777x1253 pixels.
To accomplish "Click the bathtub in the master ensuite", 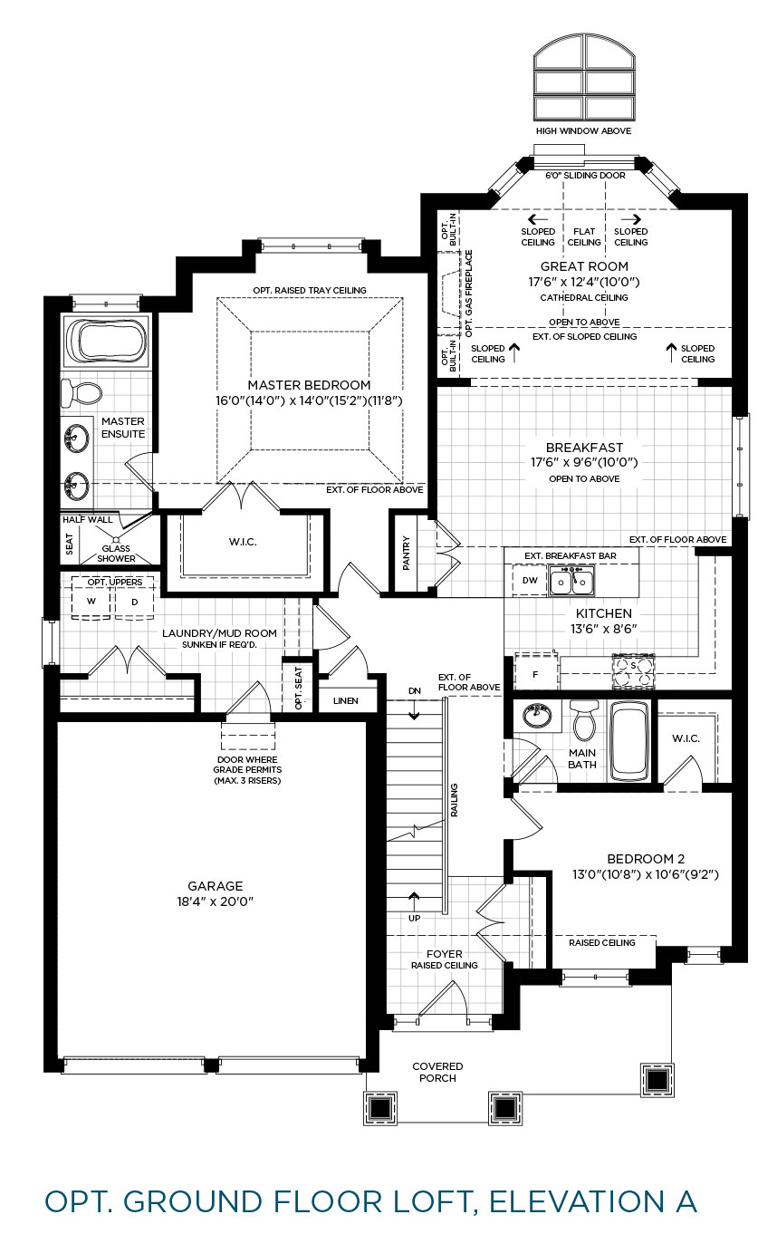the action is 107,342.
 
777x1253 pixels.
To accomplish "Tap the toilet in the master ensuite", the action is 82,392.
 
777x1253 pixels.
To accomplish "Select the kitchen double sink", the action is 571,582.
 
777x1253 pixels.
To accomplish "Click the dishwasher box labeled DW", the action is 530,580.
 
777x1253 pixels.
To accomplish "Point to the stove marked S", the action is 633,670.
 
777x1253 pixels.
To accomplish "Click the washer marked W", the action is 91,602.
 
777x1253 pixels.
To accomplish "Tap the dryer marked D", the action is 134,602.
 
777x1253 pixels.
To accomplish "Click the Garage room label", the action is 216,886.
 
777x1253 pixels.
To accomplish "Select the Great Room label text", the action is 584,266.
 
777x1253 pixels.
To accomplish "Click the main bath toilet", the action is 583,720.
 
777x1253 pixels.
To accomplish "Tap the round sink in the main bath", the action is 538,715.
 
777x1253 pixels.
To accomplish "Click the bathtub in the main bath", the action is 629,741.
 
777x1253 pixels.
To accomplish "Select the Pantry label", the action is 407,553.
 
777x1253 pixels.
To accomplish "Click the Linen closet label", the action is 345,701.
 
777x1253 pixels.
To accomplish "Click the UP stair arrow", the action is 414,901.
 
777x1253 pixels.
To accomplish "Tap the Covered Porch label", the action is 437,1072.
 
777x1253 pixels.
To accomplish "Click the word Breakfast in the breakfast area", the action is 584,448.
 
